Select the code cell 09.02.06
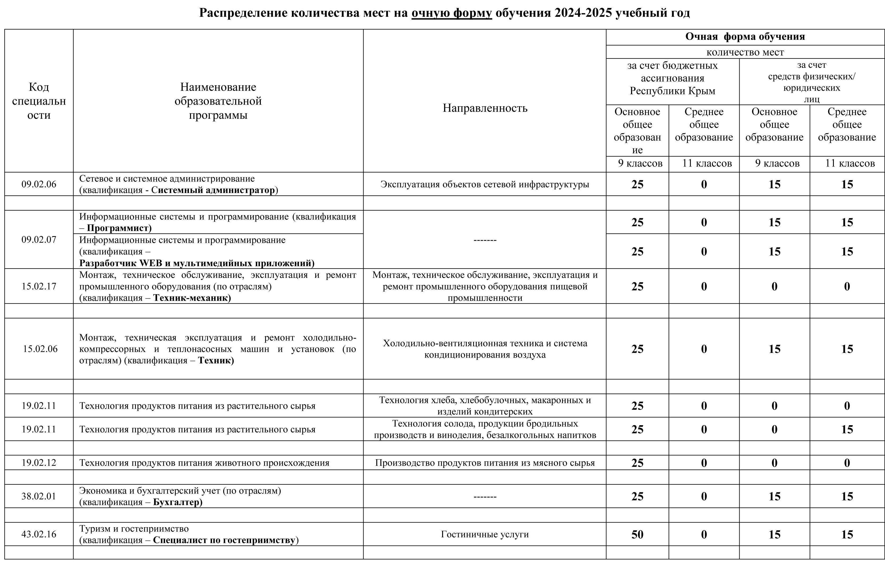pos(39,184)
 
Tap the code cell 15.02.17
pos(39,286)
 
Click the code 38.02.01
pos(39,496)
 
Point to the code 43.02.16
pos(39,534)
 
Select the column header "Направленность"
pos(485,108)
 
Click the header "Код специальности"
pos(39,101)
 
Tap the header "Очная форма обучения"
pos(745,36)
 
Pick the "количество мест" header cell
pos(745,52)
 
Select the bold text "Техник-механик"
pos(192,298)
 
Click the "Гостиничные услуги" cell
pos(485,534)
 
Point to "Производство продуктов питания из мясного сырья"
pos(485,463)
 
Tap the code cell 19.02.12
pos(39,463)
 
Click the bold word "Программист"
pos(119,228)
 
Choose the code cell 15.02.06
pos(40,349)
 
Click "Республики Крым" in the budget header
pos(672,91)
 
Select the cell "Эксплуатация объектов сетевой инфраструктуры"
pos(485,184)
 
